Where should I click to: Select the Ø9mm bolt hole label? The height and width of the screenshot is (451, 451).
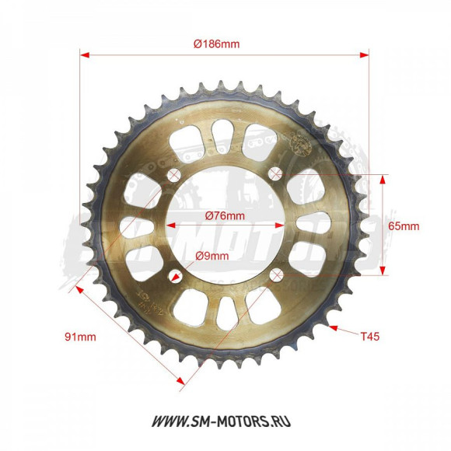point(212,256)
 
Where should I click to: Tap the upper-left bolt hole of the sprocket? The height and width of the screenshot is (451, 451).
point(173,173)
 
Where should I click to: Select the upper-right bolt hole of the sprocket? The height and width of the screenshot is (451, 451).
point(274,173)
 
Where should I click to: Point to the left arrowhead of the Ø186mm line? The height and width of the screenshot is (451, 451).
point(85,55)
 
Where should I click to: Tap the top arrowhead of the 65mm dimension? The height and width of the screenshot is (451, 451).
point(382,179)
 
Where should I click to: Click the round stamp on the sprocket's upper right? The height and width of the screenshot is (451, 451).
point(299,143)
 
